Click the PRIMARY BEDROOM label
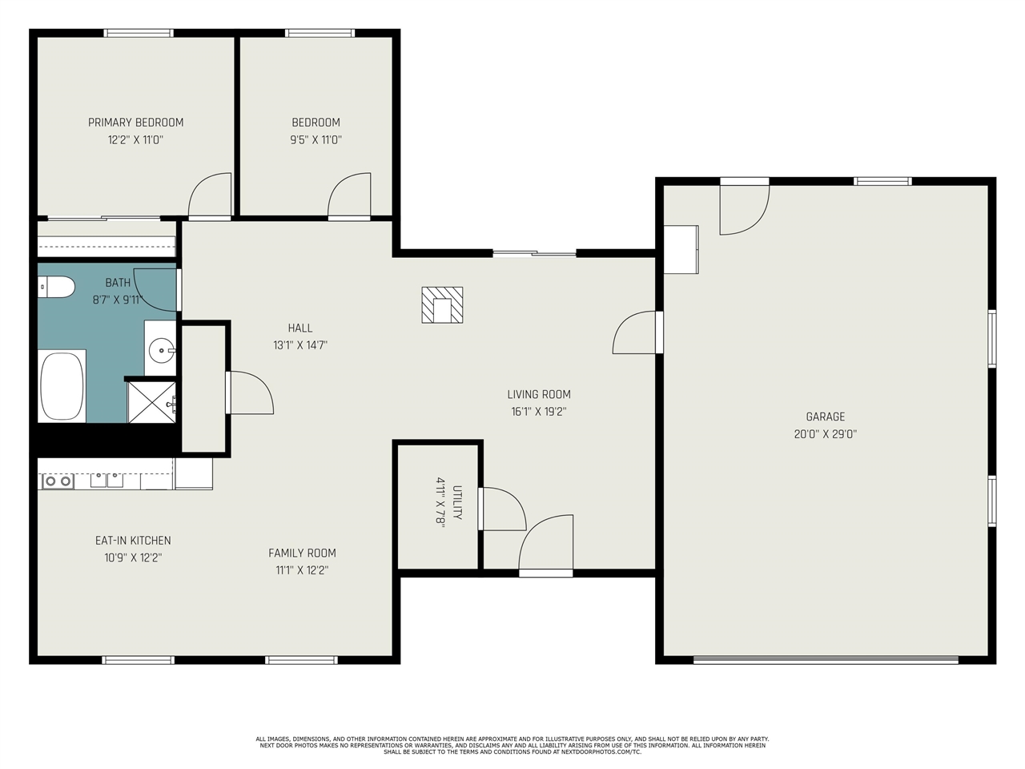(x=135, y=123)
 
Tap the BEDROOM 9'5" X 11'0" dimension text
(x=316, y=140)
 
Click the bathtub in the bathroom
(x=62, y=385)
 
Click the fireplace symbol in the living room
(x=442, y=305)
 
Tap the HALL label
(x=300, y=328)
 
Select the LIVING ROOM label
(x=539, y=394)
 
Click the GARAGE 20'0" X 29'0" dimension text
(x=825, y=434)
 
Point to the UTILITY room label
(x=457, y=503)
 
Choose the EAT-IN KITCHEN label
(x=133, y=541)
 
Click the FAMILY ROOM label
(x=302, y=553)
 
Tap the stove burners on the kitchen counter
(x=57, y=481)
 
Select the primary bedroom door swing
(x=210, y=195)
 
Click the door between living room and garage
(x=637, y=332)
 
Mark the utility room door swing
(x=503, y=509)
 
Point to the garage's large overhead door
(x=825, y=660)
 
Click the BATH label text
(x=118, y=283)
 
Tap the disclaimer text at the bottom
(x=512, y=745)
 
